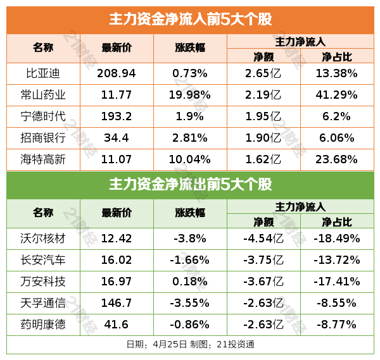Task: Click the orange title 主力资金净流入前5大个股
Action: pyautogui.click(x=190, y=20)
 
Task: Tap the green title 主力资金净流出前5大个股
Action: pyautogui.click(x=190, y=185)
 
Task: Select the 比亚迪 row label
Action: pyautogui.click(x=43, y=73)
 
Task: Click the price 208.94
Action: pyautogui.click(x=117, y=73)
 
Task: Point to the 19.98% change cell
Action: pyautogui.click(x=190, y=95)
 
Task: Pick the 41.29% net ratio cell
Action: pyautogui.click(x=337, y=95)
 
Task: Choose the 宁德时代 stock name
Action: pyautogui.click(x=43, y=116)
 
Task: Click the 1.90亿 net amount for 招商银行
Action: pyautogui.click(x=263, y=138)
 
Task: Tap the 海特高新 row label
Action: pyautogui.click(x=43, y=159)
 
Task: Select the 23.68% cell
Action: pyautogui.click(x=337, y=159)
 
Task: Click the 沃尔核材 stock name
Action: pyautogui.click(x=43, y=239)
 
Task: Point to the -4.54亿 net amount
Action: pyautogui.click(x=263, y=239)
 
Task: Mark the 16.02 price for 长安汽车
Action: pyautogui.click(x=117, y=260)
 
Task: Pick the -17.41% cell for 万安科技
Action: pyautogui.click(x=337, y=282)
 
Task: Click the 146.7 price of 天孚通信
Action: pyautogui.click(x=117, y=303)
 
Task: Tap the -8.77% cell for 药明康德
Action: pyautogui.click(x=337, y=325)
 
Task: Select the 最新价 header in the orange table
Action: pyautogui.click(x=117, y=47)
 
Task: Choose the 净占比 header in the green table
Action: pyautogui.click(x=337, y=222)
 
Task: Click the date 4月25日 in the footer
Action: pyautogui.click(x=170, y=344)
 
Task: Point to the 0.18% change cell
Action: pyautogui.click(x=190, y=282)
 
